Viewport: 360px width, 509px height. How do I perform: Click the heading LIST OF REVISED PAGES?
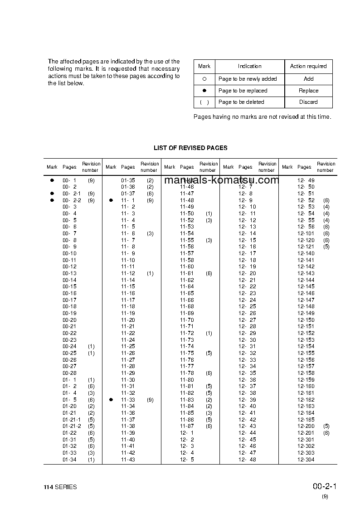click(x=190, y=148)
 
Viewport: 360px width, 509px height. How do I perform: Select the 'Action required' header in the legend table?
click(x=308, y=66)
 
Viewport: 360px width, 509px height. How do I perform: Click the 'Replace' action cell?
click(x=308, y=91)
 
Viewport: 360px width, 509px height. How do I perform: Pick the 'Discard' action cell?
click(x=308, y=102)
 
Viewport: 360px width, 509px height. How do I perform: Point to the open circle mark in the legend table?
click(x=204, y=79)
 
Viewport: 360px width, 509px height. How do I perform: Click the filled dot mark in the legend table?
click(x=204, y=91)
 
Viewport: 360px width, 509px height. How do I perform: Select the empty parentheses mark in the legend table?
click(x=204, y=102)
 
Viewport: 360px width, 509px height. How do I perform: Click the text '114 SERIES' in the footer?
click(x=60, y=487)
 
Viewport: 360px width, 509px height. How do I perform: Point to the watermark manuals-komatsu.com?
click(x=221, y=180)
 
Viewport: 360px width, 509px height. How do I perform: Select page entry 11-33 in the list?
click(x=128, y=400)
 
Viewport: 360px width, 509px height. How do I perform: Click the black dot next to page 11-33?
click(x=111, y=400)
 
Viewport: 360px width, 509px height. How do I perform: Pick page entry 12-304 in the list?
click(x=306, y=460)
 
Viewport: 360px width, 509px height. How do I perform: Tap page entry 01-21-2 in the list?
click(x=72, y=426)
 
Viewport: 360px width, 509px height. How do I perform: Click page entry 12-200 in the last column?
click(x=306, y=426)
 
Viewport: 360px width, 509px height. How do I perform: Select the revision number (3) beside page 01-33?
click(x=91, y=453)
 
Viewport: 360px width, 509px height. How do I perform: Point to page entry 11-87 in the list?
click(x=187, y=426)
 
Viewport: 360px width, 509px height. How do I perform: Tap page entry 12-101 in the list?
click(x=306, y=233)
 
